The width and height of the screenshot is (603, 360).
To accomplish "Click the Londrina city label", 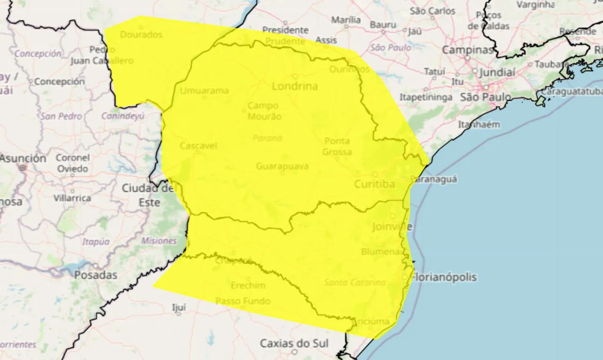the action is tap(295, 86).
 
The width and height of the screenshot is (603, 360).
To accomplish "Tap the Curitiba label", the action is tap(375, 184).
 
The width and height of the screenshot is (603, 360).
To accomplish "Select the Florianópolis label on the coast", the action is tap(444, 277).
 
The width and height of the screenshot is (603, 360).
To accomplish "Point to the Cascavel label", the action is tap(198, 146).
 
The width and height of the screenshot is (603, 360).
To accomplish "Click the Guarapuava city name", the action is tap(282, 166).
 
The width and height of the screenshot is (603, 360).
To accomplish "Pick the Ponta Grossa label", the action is tap(337, 147).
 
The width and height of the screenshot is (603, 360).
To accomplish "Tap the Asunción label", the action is tap(23, 158).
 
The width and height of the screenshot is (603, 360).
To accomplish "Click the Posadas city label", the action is tap(96, 275).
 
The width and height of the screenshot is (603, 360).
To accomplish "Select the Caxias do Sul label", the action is tap(294, 343).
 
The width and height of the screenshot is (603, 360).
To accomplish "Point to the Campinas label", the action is tap(468, 50).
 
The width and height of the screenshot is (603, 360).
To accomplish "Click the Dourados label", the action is tap(141, 34).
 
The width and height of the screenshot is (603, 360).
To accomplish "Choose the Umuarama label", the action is tap(204, 90).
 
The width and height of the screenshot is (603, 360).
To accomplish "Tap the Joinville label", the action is tap(392, 227).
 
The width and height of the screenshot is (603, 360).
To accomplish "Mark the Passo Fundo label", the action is tap(243, 301).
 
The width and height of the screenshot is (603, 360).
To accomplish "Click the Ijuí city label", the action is tap(179, 308).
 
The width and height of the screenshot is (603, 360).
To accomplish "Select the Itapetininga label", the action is tap(426, 97).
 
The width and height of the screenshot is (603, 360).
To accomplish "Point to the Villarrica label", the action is tap(72, 198).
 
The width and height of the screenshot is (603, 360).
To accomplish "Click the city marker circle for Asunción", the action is tap(22, 167).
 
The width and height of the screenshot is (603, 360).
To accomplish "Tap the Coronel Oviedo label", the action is tap(73, 163).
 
